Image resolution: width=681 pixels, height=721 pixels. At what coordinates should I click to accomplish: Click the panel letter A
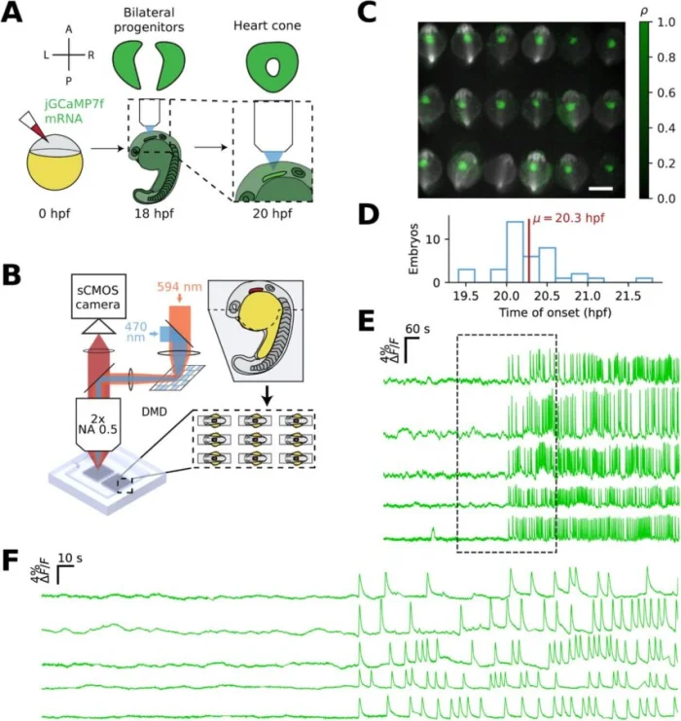(x=14, y=15)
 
